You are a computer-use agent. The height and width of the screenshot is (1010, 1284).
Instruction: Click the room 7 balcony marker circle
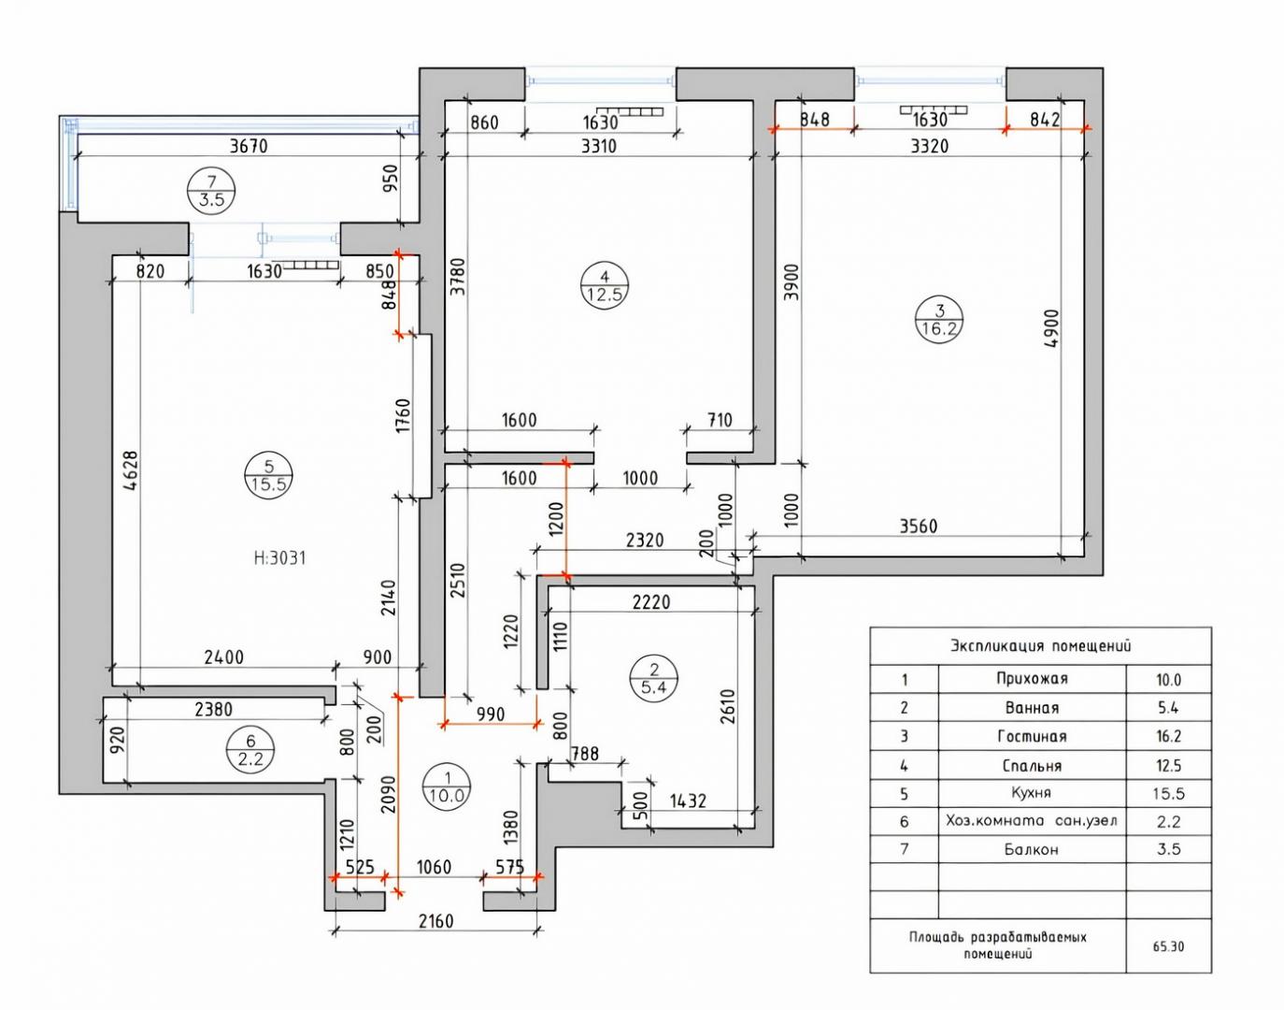(x=211, y=191)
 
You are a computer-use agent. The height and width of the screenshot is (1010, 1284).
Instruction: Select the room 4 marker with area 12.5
(x=605, y=285)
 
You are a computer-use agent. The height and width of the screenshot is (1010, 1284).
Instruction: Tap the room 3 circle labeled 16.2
(x=939, y=319)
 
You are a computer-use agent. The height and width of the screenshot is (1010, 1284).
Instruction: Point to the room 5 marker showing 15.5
(x=269, y=475)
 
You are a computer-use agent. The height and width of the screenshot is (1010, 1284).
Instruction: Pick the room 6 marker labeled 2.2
(x=250, y=749)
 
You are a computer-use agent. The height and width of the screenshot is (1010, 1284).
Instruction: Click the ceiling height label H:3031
(x=280, y=558)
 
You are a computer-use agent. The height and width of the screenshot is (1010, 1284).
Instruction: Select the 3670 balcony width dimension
(x=249, y=146)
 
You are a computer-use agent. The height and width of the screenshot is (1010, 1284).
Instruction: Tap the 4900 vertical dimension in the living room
(x=1051, y=337)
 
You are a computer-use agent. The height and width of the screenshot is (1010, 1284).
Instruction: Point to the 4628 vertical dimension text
(x=131, y=470)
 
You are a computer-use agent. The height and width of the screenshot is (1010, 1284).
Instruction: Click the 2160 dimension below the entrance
(x=436, y=921)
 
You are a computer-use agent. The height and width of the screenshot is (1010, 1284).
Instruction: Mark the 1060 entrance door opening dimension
(x=435, y=867)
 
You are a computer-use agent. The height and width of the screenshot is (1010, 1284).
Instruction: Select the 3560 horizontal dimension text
(x=919, y=526)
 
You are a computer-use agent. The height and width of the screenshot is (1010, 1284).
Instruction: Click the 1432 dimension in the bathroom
(x=689, y=801)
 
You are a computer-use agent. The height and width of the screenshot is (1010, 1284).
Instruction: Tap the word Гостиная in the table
(x=1032, y=736)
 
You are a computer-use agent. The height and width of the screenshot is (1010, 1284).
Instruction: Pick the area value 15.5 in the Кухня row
(x=1168, y=793)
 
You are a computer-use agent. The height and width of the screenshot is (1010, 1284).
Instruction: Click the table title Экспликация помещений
(x=1040, y=645)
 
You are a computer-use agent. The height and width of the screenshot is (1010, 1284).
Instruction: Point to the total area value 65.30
(x=1168, y=946)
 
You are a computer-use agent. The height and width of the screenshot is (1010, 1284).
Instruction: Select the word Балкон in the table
(x=1031, y=850)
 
